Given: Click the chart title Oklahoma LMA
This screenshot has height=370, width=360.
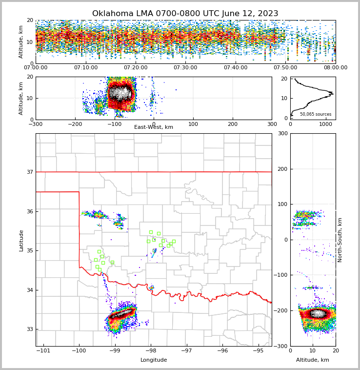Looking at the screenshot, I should [x=185, y=14].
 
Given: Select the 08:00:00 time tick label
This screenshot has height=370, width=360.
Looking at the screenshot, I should [x=335, y=67].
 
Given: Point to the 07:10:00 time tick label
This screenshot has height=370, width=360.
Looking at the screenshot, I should [x=85, y=67].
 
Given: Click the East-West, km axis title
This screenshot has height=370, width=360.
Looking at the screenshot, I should [x=154, y=127].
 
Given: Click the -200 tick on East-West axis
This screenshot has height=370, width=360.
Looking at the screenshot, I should [x=75, y=124].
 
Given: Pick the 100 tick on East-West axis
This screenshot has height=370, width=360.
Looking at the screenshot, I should [x=193, y=124].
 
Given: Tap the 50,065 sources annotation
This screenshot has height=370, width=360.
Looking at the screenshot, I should [x=315, y=114].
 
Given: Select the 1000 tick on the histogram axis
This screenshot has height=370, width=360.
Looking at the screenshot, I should [x=326, y=124].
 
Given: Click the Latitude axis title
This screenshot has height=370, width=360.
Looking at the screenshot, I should [x=21, y=240].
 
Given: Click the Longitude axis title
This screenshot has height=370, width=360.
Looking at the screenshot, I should [x=154, y=360].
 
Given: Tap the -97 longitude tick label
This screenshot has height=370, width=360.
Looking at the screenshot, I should [x=187, y=350].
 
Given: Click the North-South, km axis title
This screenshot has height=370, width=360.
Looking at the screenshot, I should [x=340, y=240].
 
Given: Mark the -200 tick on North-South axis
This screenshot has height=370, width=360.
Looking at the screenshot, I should [x=282, y=310].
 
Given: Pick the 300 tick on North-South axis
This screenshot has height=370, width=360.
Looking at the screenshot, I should [x=282, y=134].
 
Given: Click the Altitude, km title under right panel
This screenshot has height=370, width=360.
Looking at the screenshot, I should [x=313, y=360].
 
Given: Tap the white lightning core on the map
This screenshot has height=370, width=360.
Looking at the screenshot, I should [x=121, y=313].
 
